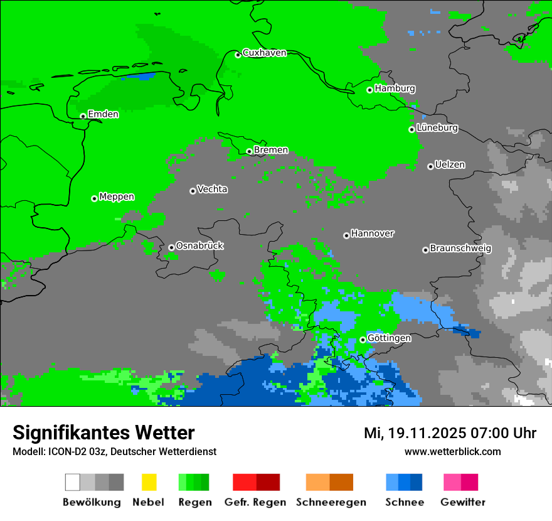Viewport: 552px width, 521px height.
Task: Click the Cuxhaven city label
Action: [x=264, y=53]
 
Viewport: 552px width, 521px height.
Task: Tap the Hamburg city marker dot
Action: [x=370, y=90]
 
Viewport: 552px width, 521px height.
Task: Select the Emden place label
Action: [x=103, y=114]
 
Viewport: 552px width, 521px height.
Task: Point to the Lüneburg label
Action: [x=437, y=128]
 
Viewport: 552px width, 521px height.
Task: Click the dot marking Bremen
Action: [x=249, y=151]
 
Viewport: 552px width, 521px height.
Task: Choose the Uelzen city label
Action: [x=450, y=165]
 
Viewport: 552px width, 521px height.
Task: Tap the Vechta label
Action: [x=212, y=189]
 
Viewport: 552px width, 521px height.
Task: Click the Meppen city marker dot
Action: [x=94, y=198]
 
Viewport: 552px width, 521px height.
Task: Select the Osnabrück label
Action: [x=199, y=246]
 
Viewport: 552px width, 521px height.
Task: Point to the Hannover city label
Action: [x=373, y=234]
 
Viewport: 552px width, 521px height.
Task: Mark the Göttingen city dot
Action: [x=363, y=340]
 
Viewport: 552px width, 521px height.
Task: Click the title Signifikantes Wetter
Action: [x=103, y=432]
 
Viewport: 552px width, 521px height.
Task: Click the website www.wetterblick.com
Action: [x=452, y=451]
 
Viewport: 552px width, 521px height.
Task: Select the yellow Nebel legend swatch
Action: [x=149, y=482]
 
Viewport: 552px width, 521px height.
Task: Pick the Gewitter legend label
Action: [x=463, y=502]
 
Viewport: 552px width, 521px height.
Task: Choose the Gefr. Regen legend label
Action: [x=255, y=502]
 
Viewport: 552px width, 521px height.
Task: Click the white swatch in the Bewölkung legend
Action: [x=72, y=482]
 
